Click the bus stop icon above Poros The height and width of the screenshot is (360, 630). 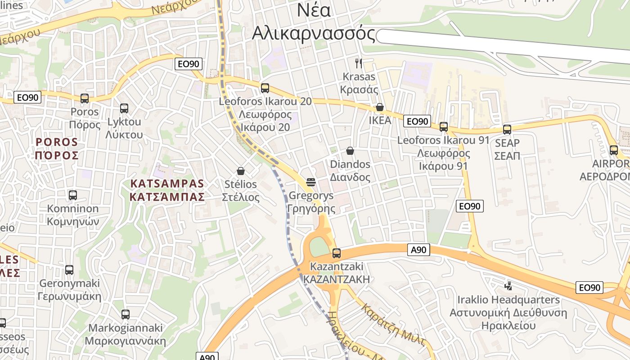(x=85, y=99)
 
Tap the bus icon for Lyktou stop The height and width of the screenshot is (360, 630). (x=124, y=108)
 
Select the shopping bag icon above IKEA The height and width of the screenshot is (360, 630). (x=380, y=107)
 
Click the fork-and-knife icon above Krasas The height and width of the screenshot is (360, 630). (x=359, y=63)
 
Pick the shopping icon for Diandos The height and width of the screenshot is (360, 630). (x=350, y=151)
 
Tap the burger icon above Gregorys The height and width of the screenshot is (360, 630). (x=311, y=182)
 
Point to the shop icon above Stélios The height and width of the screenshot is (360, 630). (x=241, y=171)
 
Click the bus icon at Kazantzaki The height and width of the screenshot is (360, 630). (x=337, y=253)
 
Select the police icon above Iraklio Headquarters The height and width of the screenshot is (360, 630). (x=508, y=285)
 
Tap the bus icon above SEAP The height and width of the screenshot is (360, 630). (x=507, y=130)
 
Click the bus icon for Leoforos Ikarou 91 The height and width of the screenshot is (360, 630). (x=444, y=127)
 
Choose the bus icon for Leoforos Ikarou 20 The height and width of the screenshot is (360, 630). (x=265, y=88)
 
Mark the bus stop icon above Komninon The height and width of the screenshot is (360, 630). (x=73, y=195)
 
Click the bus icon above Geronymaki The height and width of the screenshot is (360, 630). (x=69, y=270)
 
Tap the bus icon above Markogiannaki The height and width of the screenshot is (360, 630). (x=126, y=315)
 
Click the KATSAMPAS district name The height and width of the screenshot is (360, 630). (x=167, y=184)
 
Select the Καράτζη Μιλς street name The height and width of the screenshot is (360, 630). (x=393, y=325)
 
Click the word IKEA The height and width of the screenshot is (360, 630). (x=380, y=121)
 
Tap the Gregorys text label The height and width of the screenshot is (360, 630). (x=311, y=196)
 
